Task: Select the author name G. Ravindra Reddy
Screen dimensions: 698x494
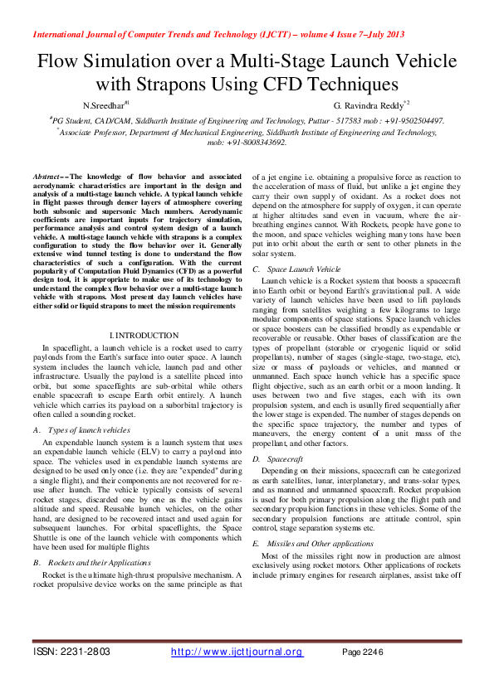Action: pyautogui.click(x=370, y=105)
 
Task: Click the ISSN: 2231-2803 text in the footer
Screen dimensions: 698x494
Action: pyautogui.click(x=71, y=652)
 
